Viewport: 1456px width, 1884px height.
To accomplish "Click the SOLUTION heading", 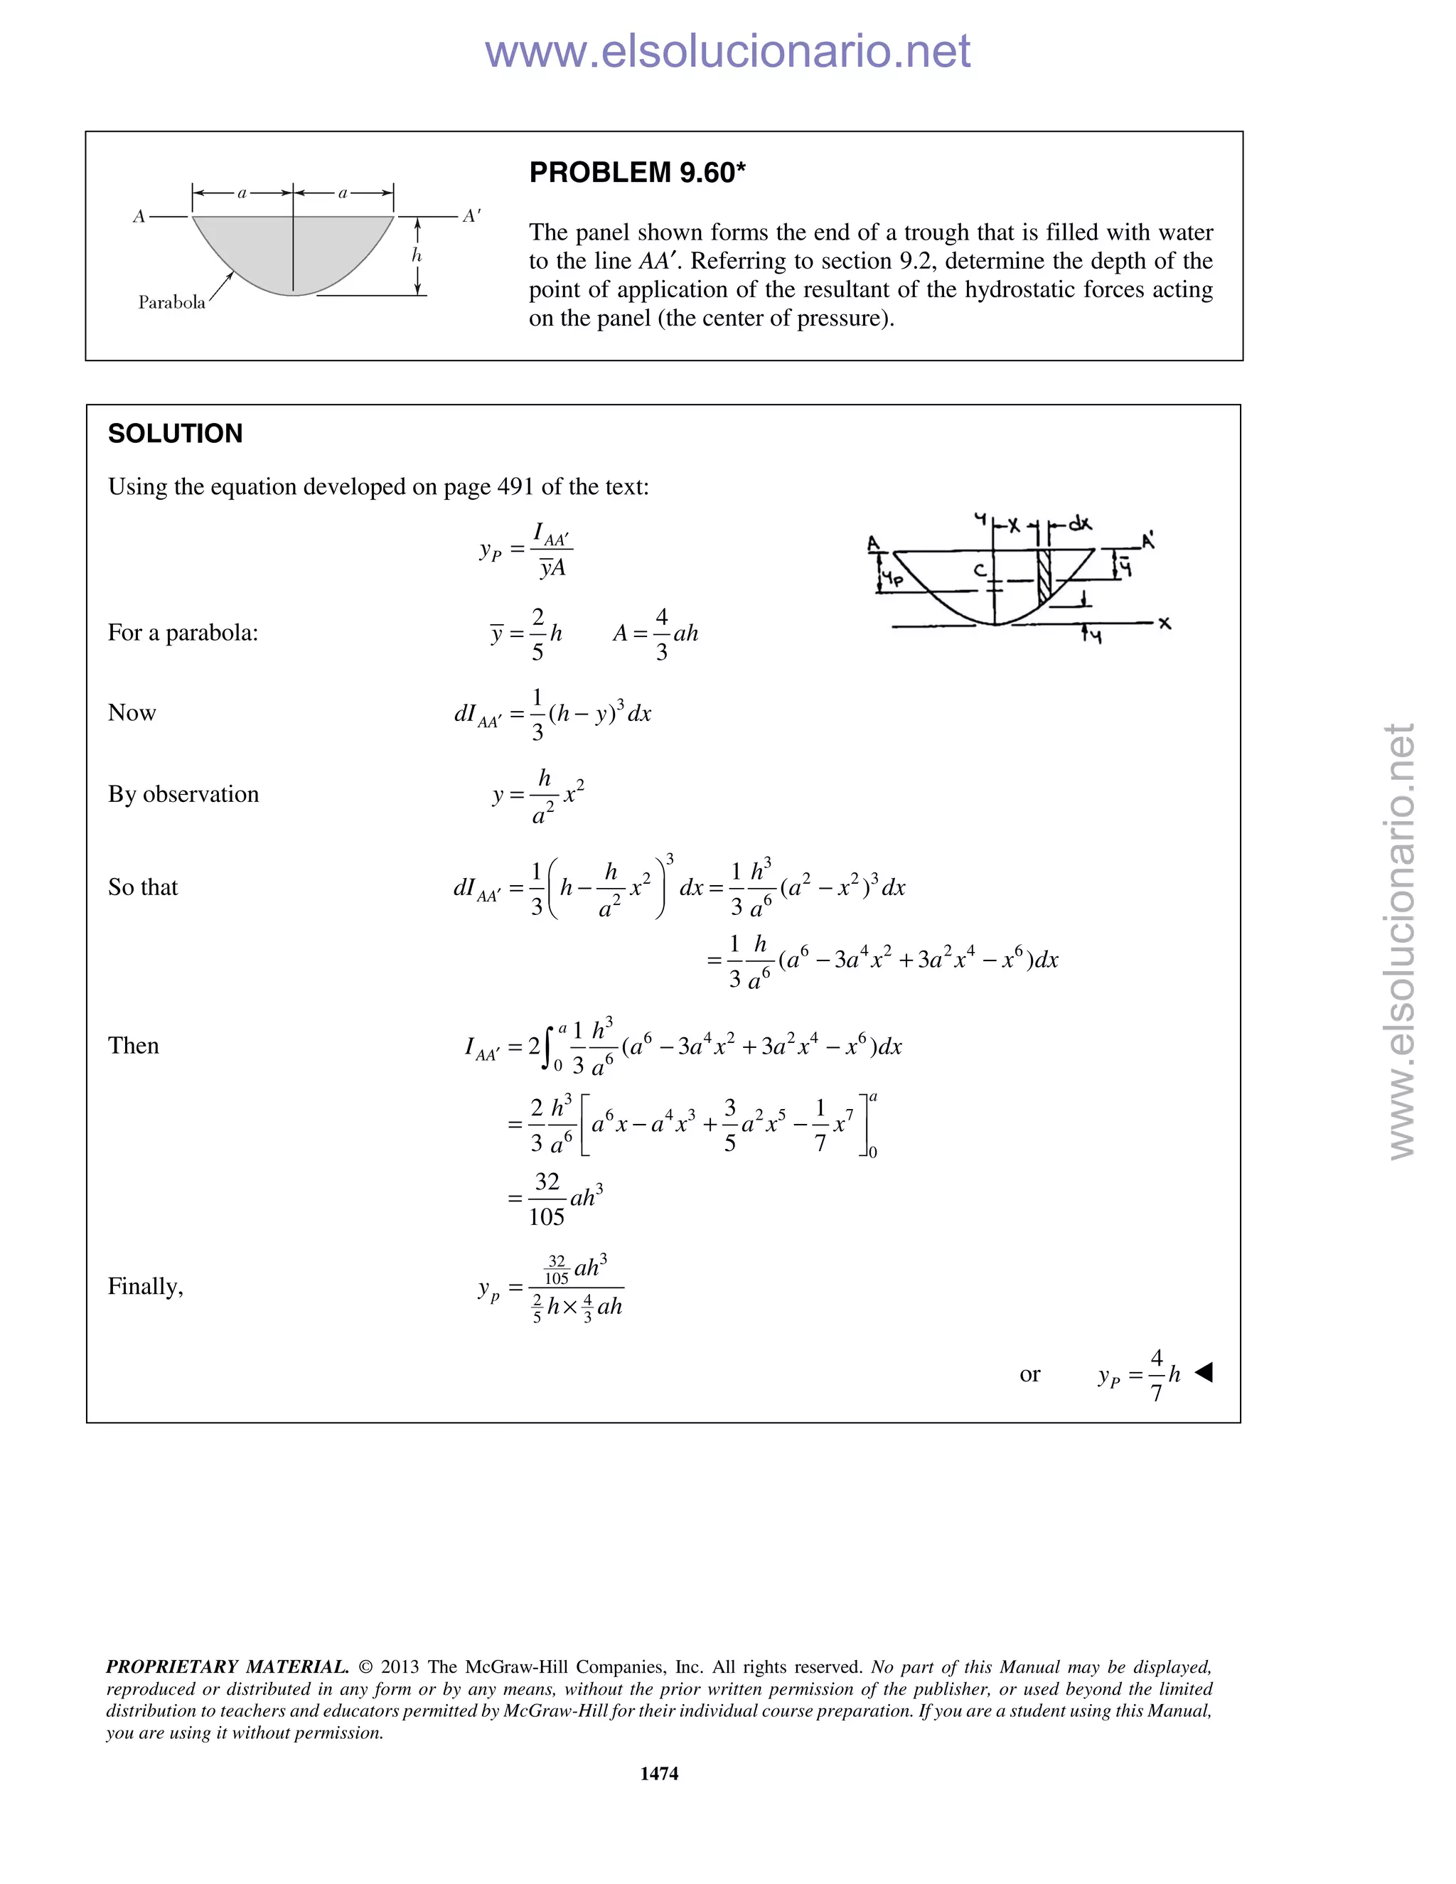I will coord(175,433).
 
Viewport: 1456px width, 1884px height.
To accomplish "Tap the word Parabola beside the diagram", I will coord(171,302).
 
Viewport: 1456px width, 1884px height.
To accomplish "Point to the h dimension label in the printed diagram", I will coord(417,255).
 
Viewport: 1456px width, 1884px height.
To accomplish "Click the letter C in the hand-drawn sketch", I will coord(979,570).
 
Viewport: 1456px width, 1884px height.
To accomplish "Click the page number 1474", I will coord(659,1772).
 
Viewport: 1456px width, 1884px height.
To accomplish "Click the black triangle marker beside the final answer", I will coord(1204,1371).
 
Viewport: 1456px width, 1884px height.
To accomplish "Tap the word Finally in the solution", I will coord(145,1286).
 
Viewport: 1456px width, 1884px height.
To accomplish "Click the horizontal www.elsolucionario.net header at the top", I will coord(727,51).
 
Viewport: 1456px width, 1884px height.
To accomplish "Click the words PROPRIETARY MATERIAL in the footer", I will coord(227,1666).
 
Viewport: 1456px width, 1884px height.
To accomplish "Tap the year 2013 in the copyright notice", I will coord(400,1666).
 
